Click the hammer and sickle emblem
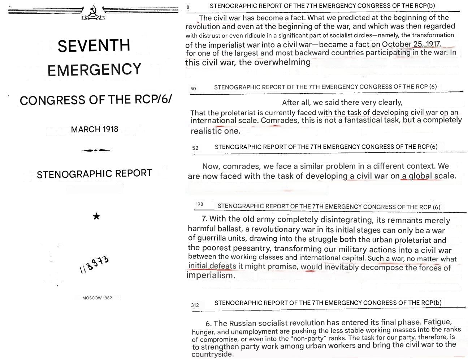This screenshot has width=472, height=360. [93, 13]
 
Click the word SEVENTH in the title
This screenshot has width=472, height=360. [94, 46]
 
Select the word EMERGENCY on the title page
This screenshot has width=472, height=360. [94, 69]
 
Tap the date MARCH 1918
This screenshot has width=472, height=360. [95, 129]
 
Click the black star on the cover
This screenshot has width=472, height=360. [96, 216]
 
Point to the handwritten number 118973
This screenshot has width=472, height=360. [94, 265]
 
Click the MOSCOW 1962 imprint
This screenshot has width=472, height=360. [97, 298]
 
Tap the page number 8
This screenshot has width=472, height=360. [188, 7]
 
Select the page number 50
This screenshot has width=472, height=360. [193, 88]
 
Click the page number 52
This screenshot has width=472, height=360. [195, 148]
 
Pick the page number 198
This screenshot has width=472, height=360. [199, 204]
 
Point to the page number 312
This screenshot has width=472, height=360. [195, 305]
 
